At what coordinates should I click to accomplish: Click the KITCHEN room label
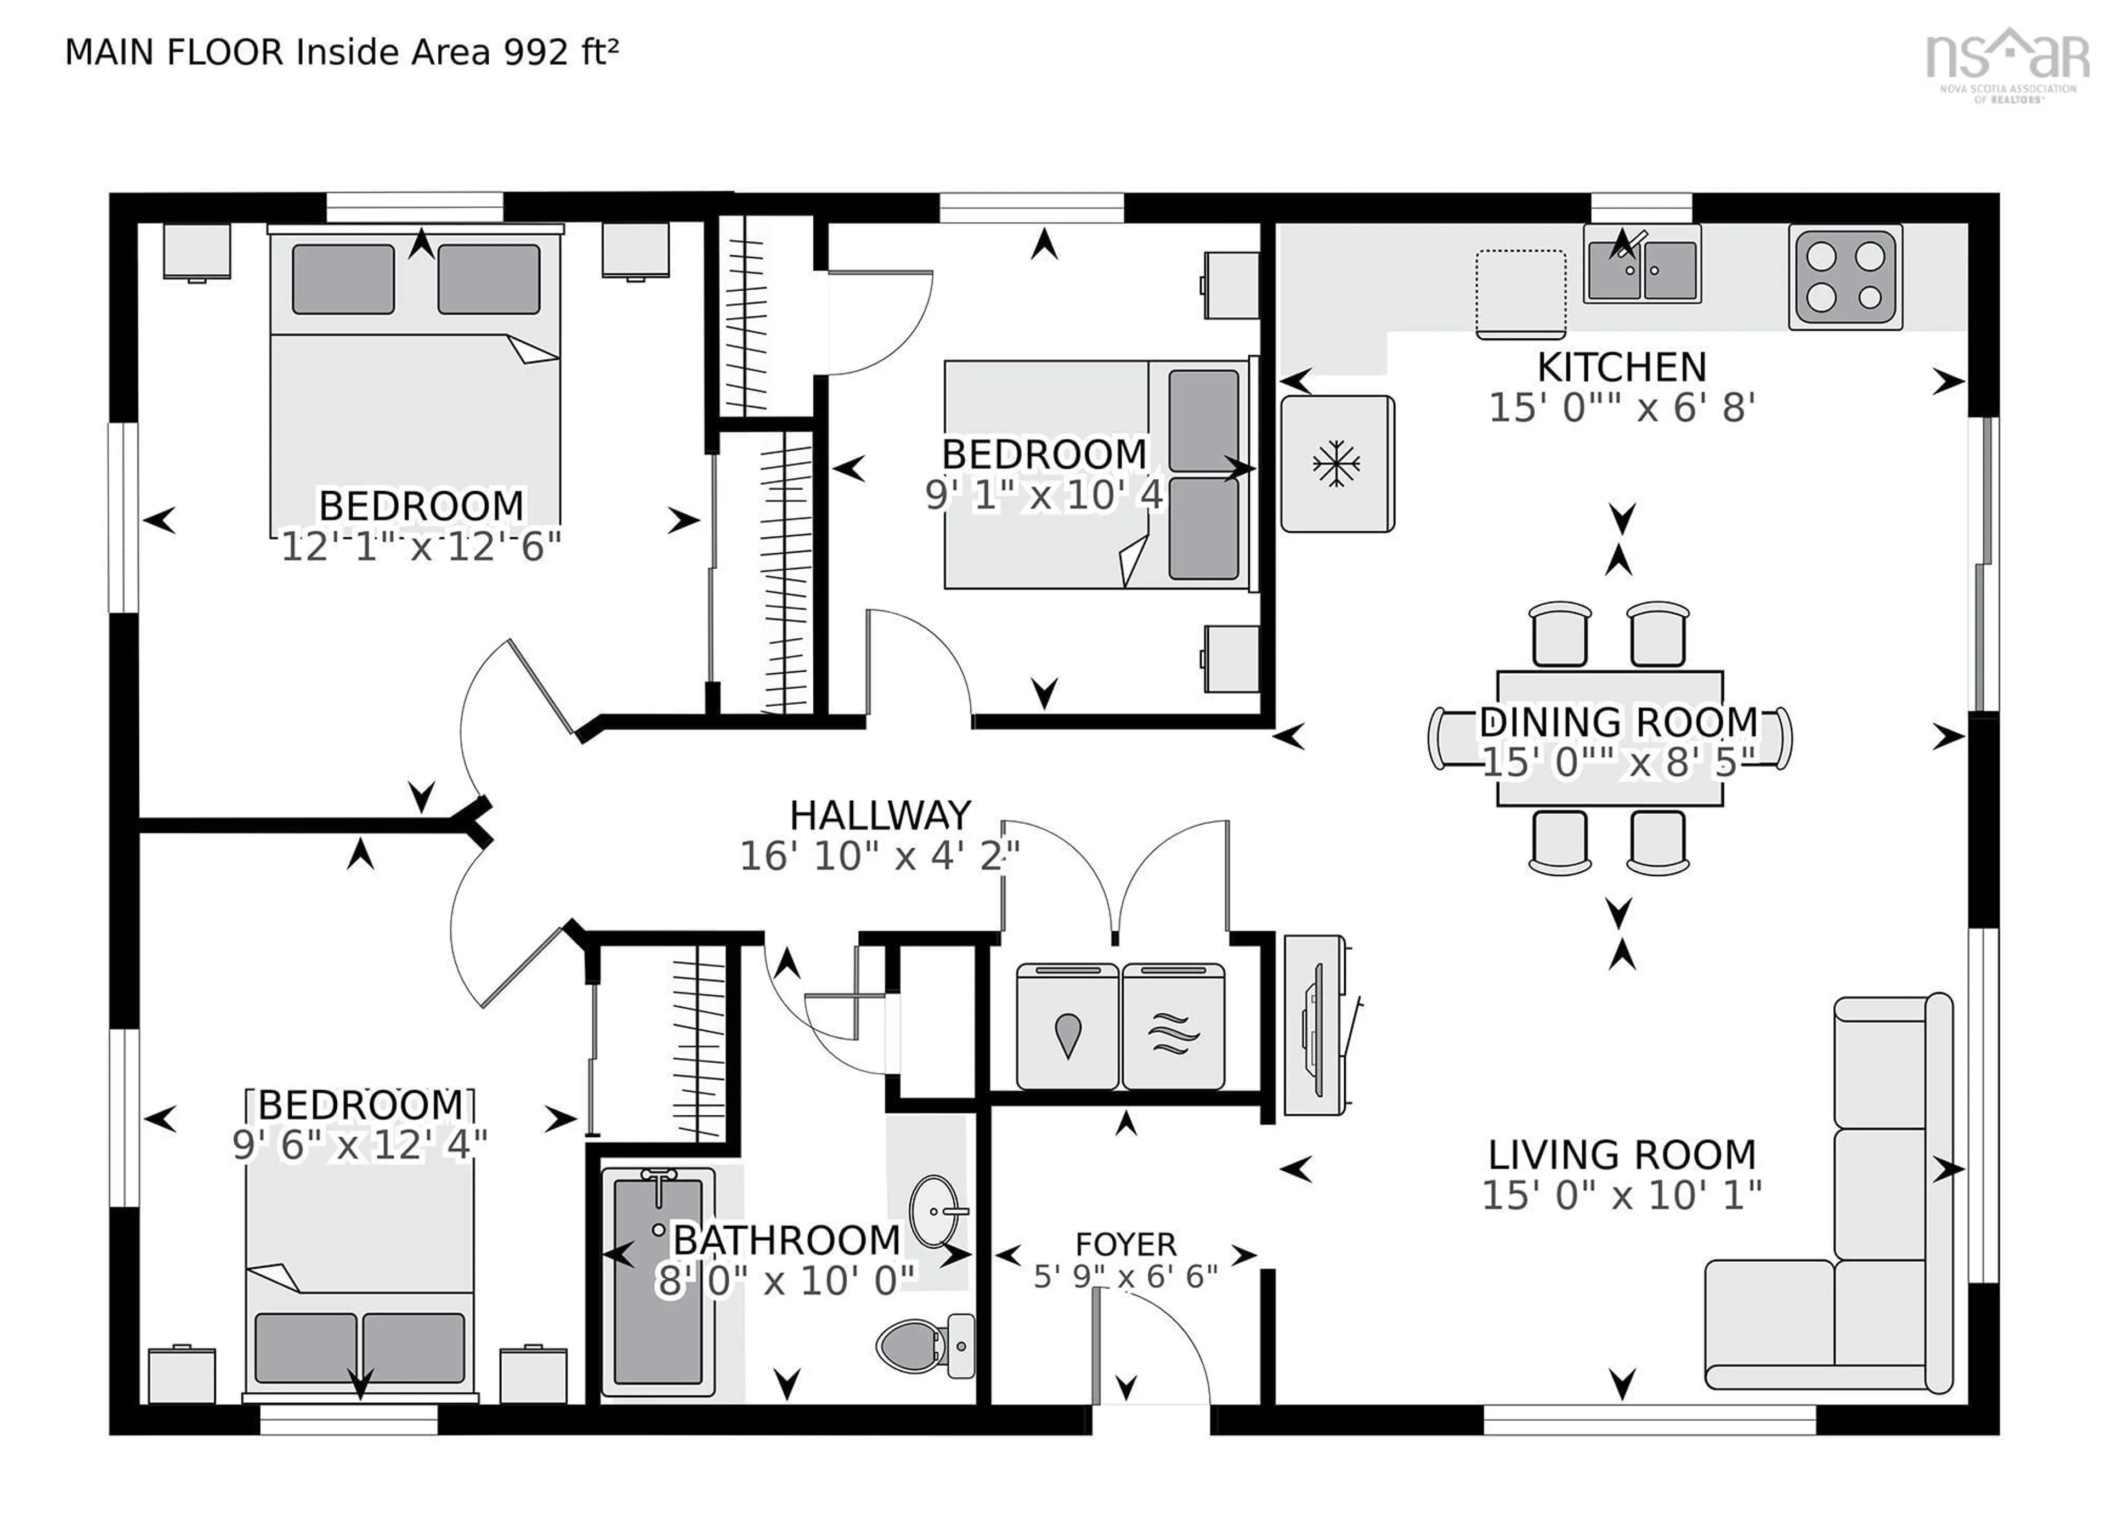tap(1621, 367)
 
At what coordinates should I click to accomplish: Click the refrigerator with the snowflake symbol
tap(1337, 463)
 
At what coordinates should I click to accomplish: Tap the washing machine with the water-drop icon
tap(1067, 1026)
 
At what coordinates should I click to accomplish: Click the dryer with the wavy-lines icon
tap(1173, 1026)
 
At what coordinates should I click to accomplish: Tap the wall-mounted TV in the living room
tap(1315, 1024)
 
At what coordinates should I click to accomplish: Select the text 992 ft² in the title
tap(561, 52)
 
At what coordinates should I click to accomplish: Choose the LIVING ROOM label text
tap(1621, 1155)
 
